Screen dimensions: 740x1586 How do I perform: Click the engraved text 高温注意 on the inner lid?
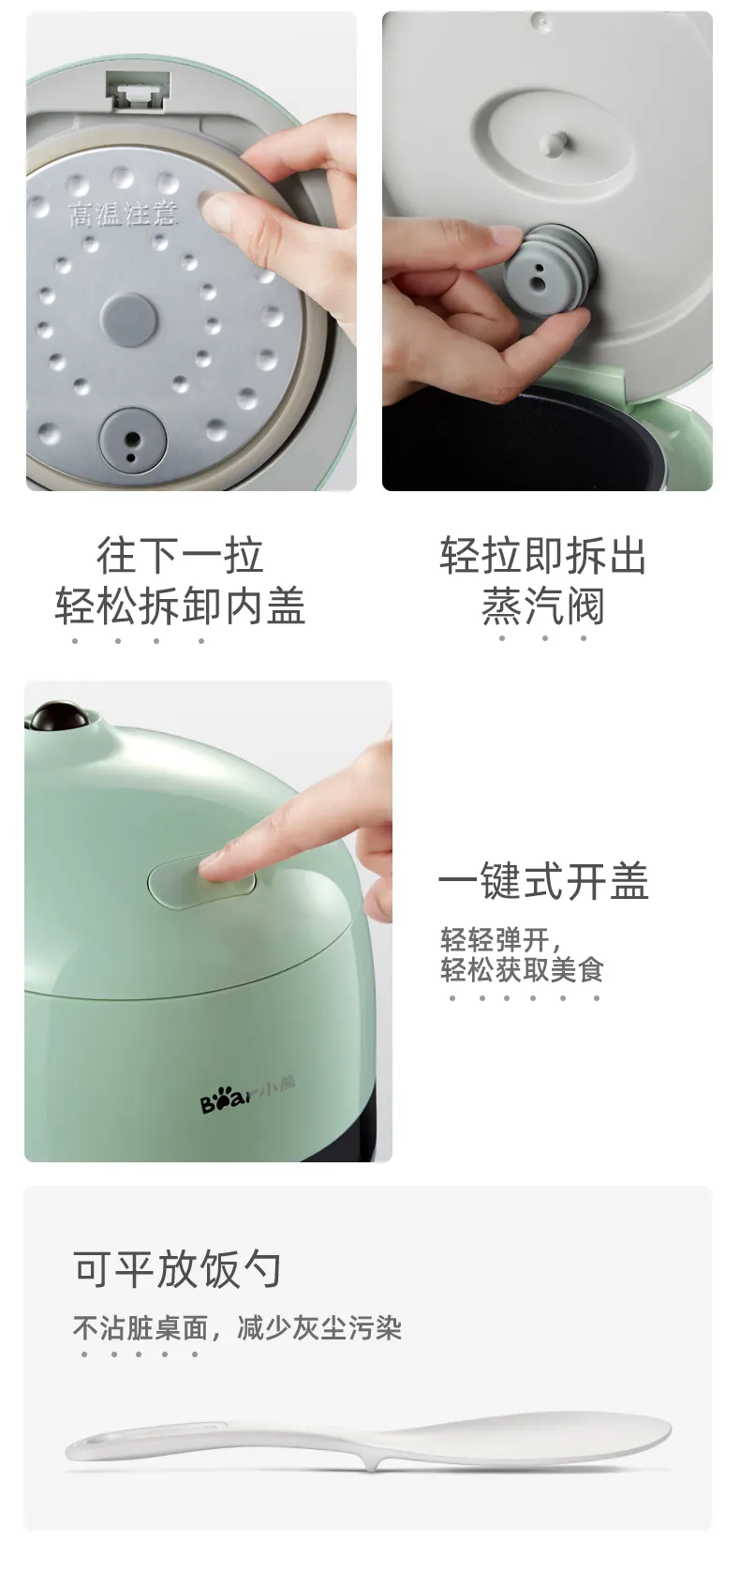[x=123, y=214]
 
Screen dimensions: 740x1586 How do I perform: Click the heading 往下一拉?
[x=180, y=555]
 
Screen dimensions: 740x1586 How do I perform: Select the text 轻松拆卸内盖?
[x=180, y=606]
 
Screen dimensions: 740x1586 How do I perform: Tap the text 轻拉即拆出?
[x=542, y=555]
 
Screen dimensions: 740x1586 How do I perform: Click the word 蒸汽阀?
[x=542, y=606]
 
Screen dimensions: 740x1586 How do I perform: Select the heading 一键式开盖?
[x=542, y=881]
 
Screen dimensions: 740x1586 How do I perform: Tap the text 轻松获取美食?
[x=522, y=970]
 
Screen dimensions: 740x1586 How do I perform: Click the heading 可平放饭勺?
[x=178, y=1268]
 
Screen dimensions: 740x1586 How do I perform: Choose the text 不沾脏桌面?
[x=141, y=1328]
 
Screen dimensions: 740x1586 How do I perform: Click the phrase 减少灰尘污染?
[x=319, y=1328]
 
